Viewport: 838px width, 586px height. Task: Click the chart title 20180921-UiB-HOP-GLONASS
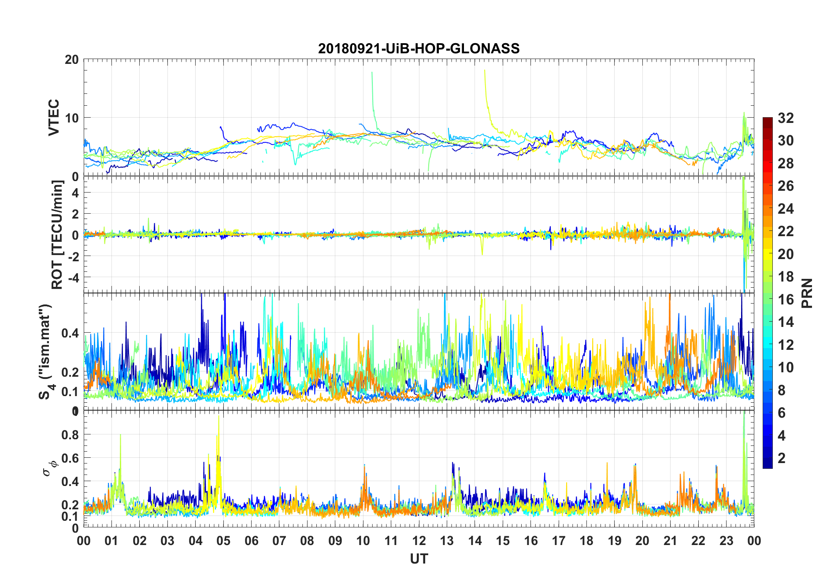pos(419,48)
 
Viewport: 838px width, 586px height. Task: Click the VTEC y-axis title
pos(54,118)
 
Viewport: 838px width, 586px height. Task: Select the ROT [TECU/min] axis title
pos(57,234)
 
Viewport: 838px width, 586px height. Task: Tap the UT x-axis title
pos(419,559)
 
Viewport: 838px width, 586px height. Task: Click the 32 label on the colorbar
pos(786,118)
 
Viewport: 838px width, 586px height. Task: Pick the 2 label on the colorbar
pos(782,458)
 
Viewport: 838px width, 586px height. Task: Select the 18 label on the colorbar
pos(786,277)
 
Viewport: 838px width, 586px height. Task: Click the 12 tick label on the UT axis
pos(419,541)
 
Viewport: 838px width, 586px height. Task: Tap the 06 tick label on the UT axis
pos(252,541)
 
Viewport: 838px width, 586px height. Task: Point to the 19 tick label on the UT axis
pos(615,541)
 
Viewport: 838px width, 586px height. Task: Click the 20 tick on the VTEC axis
pos(71,60)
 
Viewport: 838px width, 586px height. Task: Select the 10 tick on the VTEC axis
pos(71,118)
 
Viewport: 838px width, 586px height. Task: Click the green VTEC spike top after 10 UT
pos(372,73)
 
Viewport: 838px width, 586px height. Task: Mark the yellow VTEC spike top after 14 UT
pos(485,70)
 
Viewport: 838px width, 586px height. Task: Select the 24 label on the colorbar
pos(786,209)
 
